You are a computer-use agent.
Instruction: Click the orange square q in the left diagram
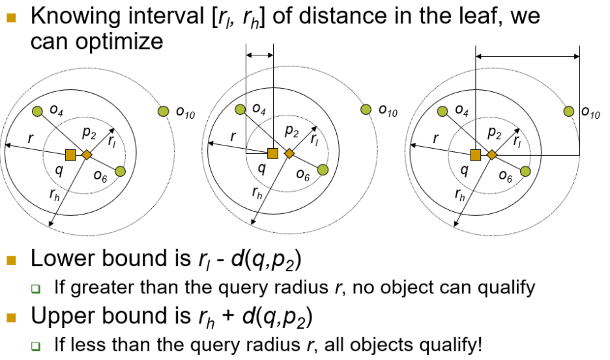tap(70, 155)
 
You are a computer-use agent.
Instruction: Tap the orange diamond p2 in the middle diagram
tap(289, 154)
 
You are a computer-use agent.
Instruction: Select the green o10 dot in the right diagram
tap(568, 112)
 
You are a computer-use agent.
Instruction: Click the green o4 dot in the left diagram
tap(38, 112)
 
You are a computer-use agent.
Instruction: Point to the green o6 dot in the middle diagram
tap(323, 171)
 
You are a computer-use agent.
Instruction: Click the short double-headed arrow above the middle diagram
tap(259, 57)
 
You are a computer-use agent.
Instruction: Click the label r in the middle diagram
tap(233, 137)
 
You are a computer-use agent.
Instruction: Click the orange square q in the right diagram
tap(476, 155)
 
